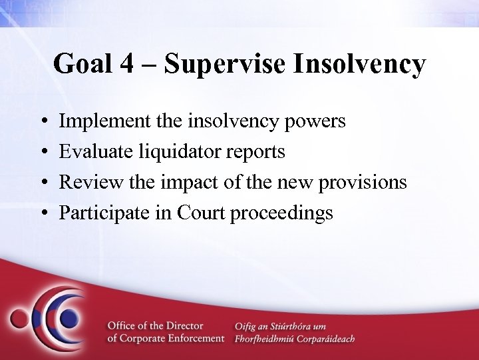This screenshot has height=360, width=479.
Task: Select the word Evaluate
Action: [93, 153]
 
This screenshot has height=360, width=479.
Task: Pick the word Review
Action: [87, 183]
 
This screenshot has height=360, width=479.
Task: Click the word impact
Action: [180, 183]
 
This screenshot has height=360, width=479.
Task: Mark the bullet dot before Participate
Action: [43, 214]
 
